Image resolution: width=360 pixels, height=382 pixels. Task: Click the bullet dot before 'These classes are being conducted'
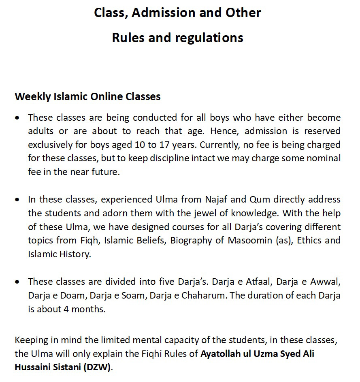(17, 118)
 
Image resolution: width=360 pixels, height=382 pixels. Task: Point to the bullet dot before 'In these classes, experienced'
(17, 200)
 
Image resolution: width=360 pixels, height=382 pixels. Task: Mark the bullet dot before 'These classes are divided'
(17, 282)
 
